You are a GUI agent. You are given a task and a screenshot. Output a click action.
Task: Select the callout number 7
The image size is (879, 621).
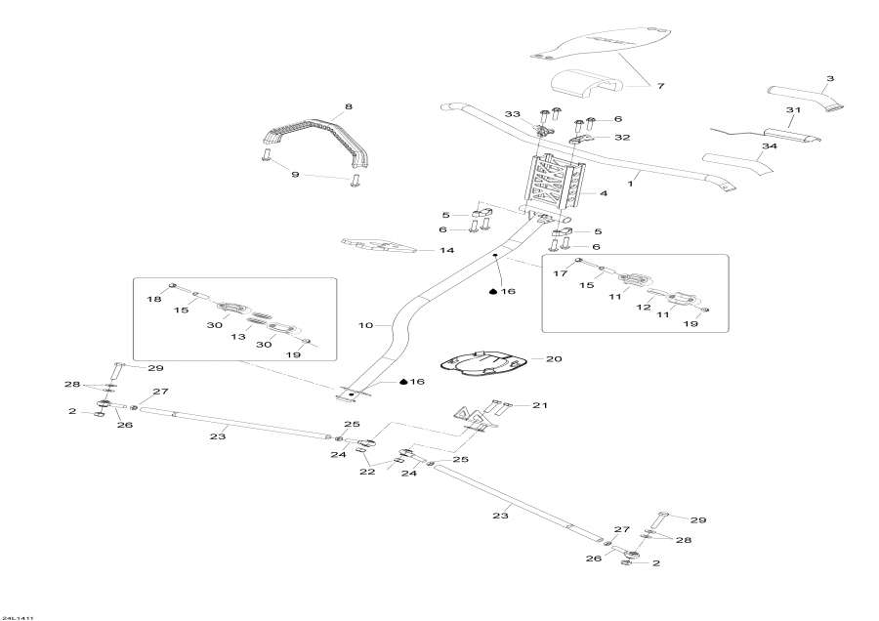(661, 87)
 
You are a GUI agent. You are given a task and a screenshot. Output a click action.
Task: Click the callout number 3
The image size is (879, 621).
(830, 78)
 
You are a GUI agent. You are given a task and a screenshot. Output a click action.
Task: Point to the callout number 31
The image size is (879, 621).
(793, 109)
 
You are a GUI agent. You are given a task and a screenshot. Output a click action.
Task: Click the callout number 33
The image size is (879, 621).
(513, 114)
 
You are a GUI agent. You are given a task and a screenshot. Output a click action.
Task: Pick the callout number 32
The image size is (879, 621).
(622, 138)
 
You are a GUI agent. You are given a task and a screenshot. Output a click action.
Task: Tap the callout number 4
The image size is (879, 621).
(604, 193)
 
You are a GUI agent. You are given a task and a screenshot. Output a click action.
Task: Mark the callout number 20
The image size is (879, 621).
(554, 359)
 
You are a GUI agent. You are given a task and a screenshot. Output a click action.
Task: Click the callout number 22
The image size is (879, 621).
(367, 472)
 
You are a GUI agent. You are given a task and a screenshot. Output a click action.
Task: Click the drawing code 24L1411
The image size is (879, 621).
(18, 616)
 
